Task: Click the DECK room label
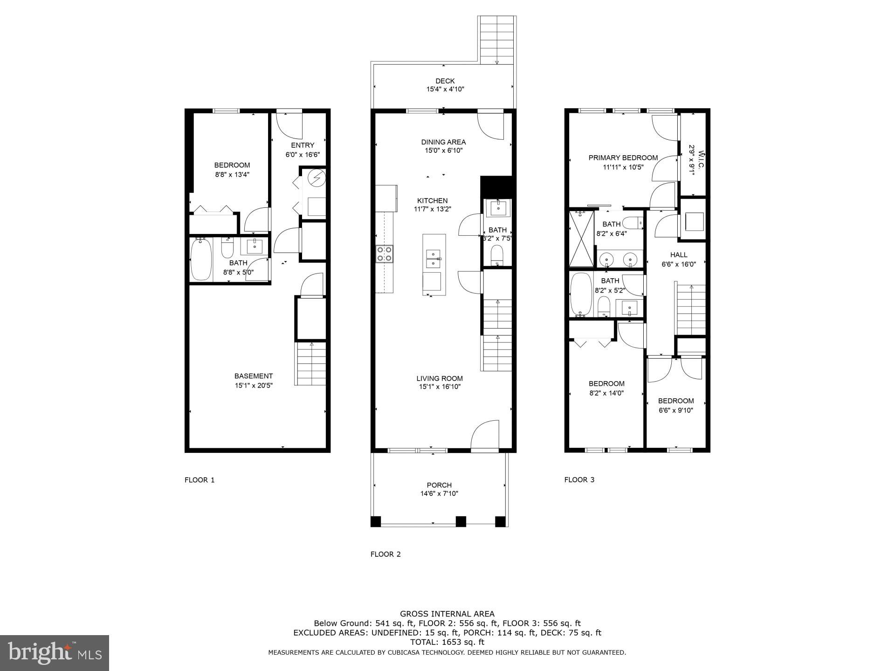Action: click(x=445, y=81)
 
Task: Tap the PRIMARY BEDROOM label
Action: click(x=623, y=158)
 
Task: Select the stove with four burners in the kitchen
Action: click(x=385, y=254)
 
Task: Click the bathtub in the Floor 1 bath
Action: click(x=201, y=259)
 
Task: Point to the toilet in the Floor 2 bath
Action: click(x=497, y=254)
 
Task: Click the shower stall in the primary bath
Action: click(x=581, y=240)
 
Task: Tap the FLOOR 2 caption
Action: click(x=386, y=554)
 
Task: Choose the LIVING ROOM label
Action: click(x=440, y=378)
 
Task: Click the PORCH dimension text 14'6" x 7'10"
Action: click(x=439, y=493)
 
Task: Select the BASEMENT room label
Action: click(x=254, y=376)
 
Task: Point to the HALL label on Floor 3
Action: click(x=679, y=255)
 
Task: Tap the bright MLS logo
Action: click(x=55, y=652)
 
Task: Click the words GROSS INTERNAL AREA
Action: click(x=447, y=614)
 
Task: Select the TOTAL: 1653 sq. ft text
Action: click(x=447, y=642)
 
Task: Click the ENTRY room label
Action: click(x=303, y=145)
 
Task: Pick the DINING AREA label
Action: click(x=443, y=142)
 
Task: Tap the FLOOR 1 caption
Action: click(x=200, y=480)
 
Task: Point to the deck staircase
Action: click(x=497, y=41)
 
